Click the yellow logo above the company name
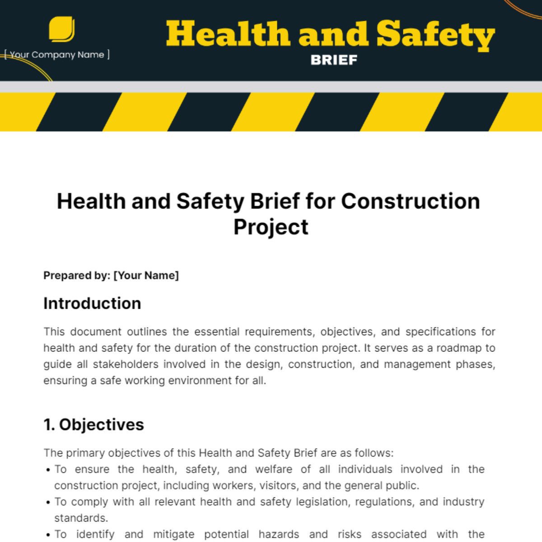[x=61, y=29]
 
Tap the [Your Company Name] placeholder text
[x=57, y=55]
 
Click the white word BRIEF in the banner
[x=334, y=60]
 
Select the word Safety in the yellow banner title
[x=435, y=35]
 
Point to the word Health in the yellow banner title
[x=228, y=35]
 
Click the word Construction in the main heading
[x=410, y=201]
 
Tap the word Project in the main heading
[x=271, y=227]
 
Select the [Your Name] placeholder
[x=146, y=276]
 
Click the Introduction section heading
[x=92, y=304]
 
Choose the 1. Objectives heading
[x=93, y=425]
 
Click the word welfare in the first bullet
[x=273, y=469]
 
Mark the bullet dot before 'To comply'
[x=48, y=502]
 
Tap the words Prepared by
[x=76, y=276]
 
